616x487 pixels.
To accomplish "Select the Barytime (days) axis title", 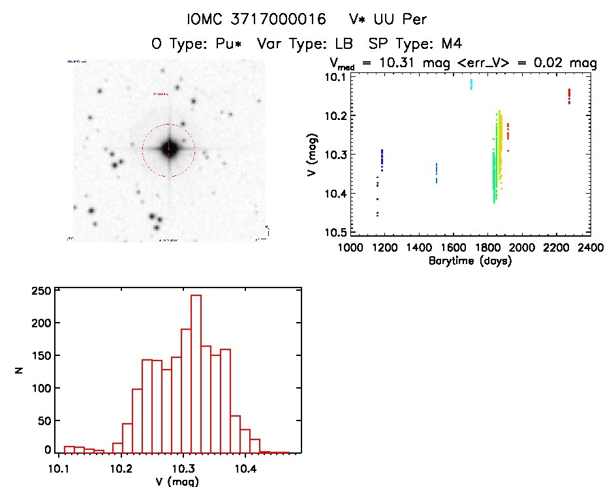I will (469, 261).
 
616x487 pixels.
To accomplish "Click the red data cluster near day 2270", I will (569, 96).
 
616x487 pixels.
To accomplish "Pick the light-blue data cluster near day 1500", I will (437, 173).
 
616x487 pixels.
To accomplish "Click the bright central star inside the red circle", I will (169, 149).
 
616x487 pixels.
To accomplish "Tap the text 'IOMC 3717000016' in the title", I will (256, 20).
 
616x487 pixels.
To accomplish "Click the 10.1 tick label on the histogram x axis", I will (59, 467).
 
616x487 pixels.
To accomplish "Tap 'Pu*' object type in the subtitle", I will (232, 44).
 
